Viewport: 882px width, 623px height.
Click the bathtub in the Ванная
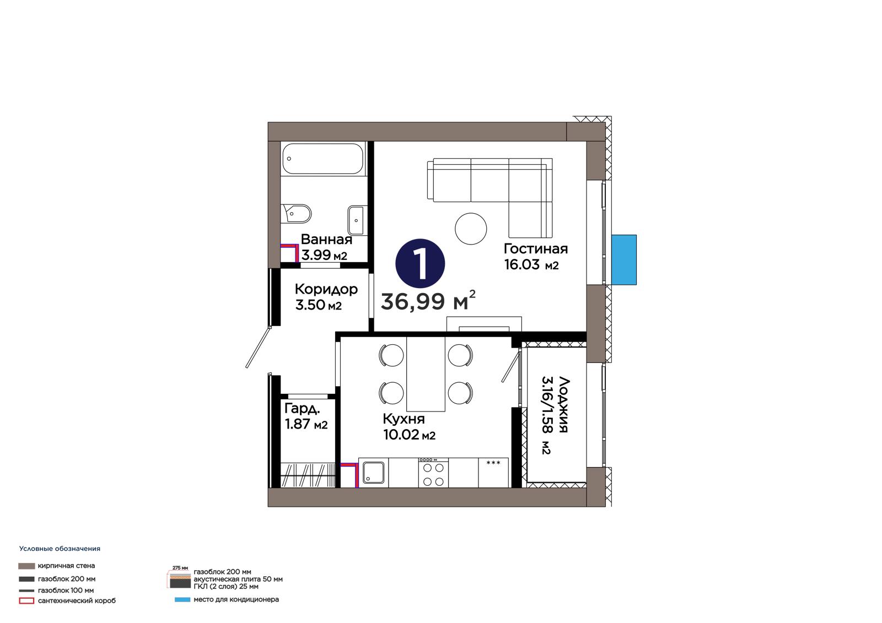coord(323,159)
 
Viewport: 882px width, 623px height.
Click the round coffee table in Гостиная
coord(471,229)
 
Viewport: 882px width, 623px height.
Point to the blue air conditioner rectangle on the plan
coord(623,260)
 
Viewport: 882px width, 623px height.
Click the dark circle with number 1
coord(420,263)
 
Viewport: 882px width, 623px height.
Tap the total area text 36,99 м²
coord(428,301)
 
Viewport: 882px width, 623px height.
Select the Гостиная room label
coord(535,249)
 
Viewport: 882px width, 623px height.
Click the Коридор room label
coord(326,290)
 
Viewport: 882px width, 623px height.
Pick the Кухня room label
coord(404,419)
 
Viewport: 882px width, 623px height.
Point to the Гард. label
coord(302,409)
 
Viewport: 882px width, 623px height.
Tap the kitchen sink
coord(373,472)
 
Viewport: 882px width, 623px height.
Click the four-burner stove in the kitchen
coord(433,472)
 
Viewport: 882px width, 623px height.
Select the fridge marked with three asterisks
coord(493,472)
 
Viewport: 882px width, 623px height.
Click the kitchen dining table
coord(426,374)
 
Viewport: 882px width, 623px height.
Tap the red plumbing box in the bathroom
coord(289,252)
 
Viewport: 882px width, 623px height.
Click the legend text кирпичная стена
coord(66,566)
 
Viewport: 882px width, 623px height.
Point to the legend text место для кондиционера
coord(236,599)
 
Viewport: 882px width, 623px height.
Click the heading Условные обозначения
coord(60,549)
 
